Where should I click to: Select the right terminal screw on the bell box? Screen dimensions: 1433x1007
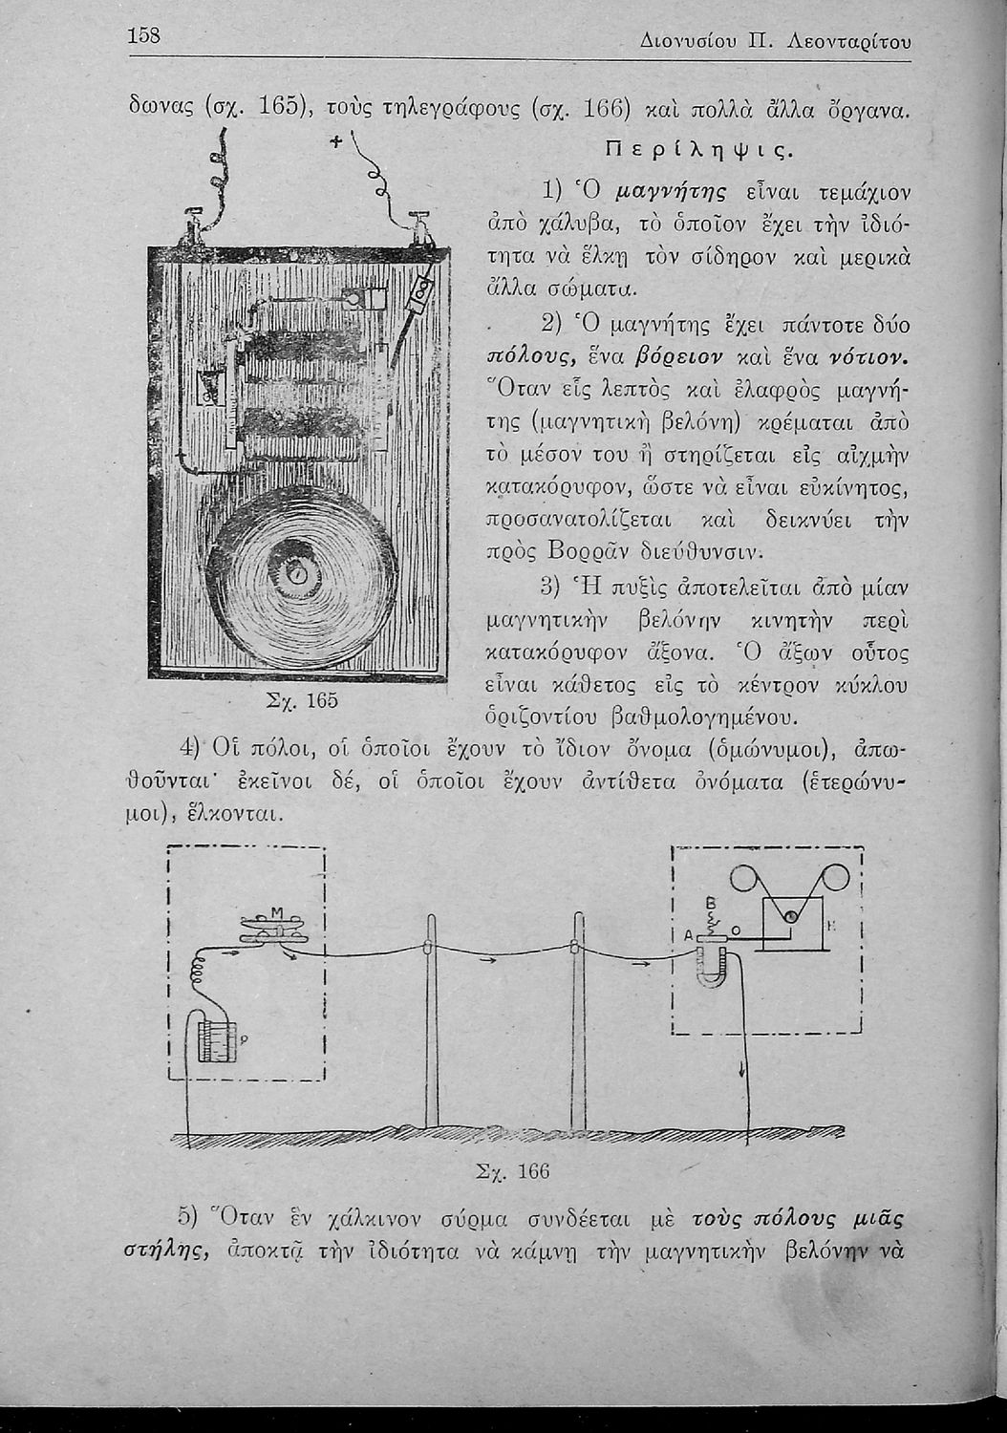pyautogui.click(x=418, y=225)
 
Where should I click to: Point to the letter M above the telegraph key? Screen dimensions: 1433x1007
pyautogui.click(x=276, y=913)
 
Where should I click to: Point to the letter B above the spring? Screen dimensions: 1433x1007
pyautogui.click(x=710, y=902)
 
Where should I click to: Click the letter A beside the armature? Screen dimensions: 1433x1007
pyautogui.click(x=688, y=935)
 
